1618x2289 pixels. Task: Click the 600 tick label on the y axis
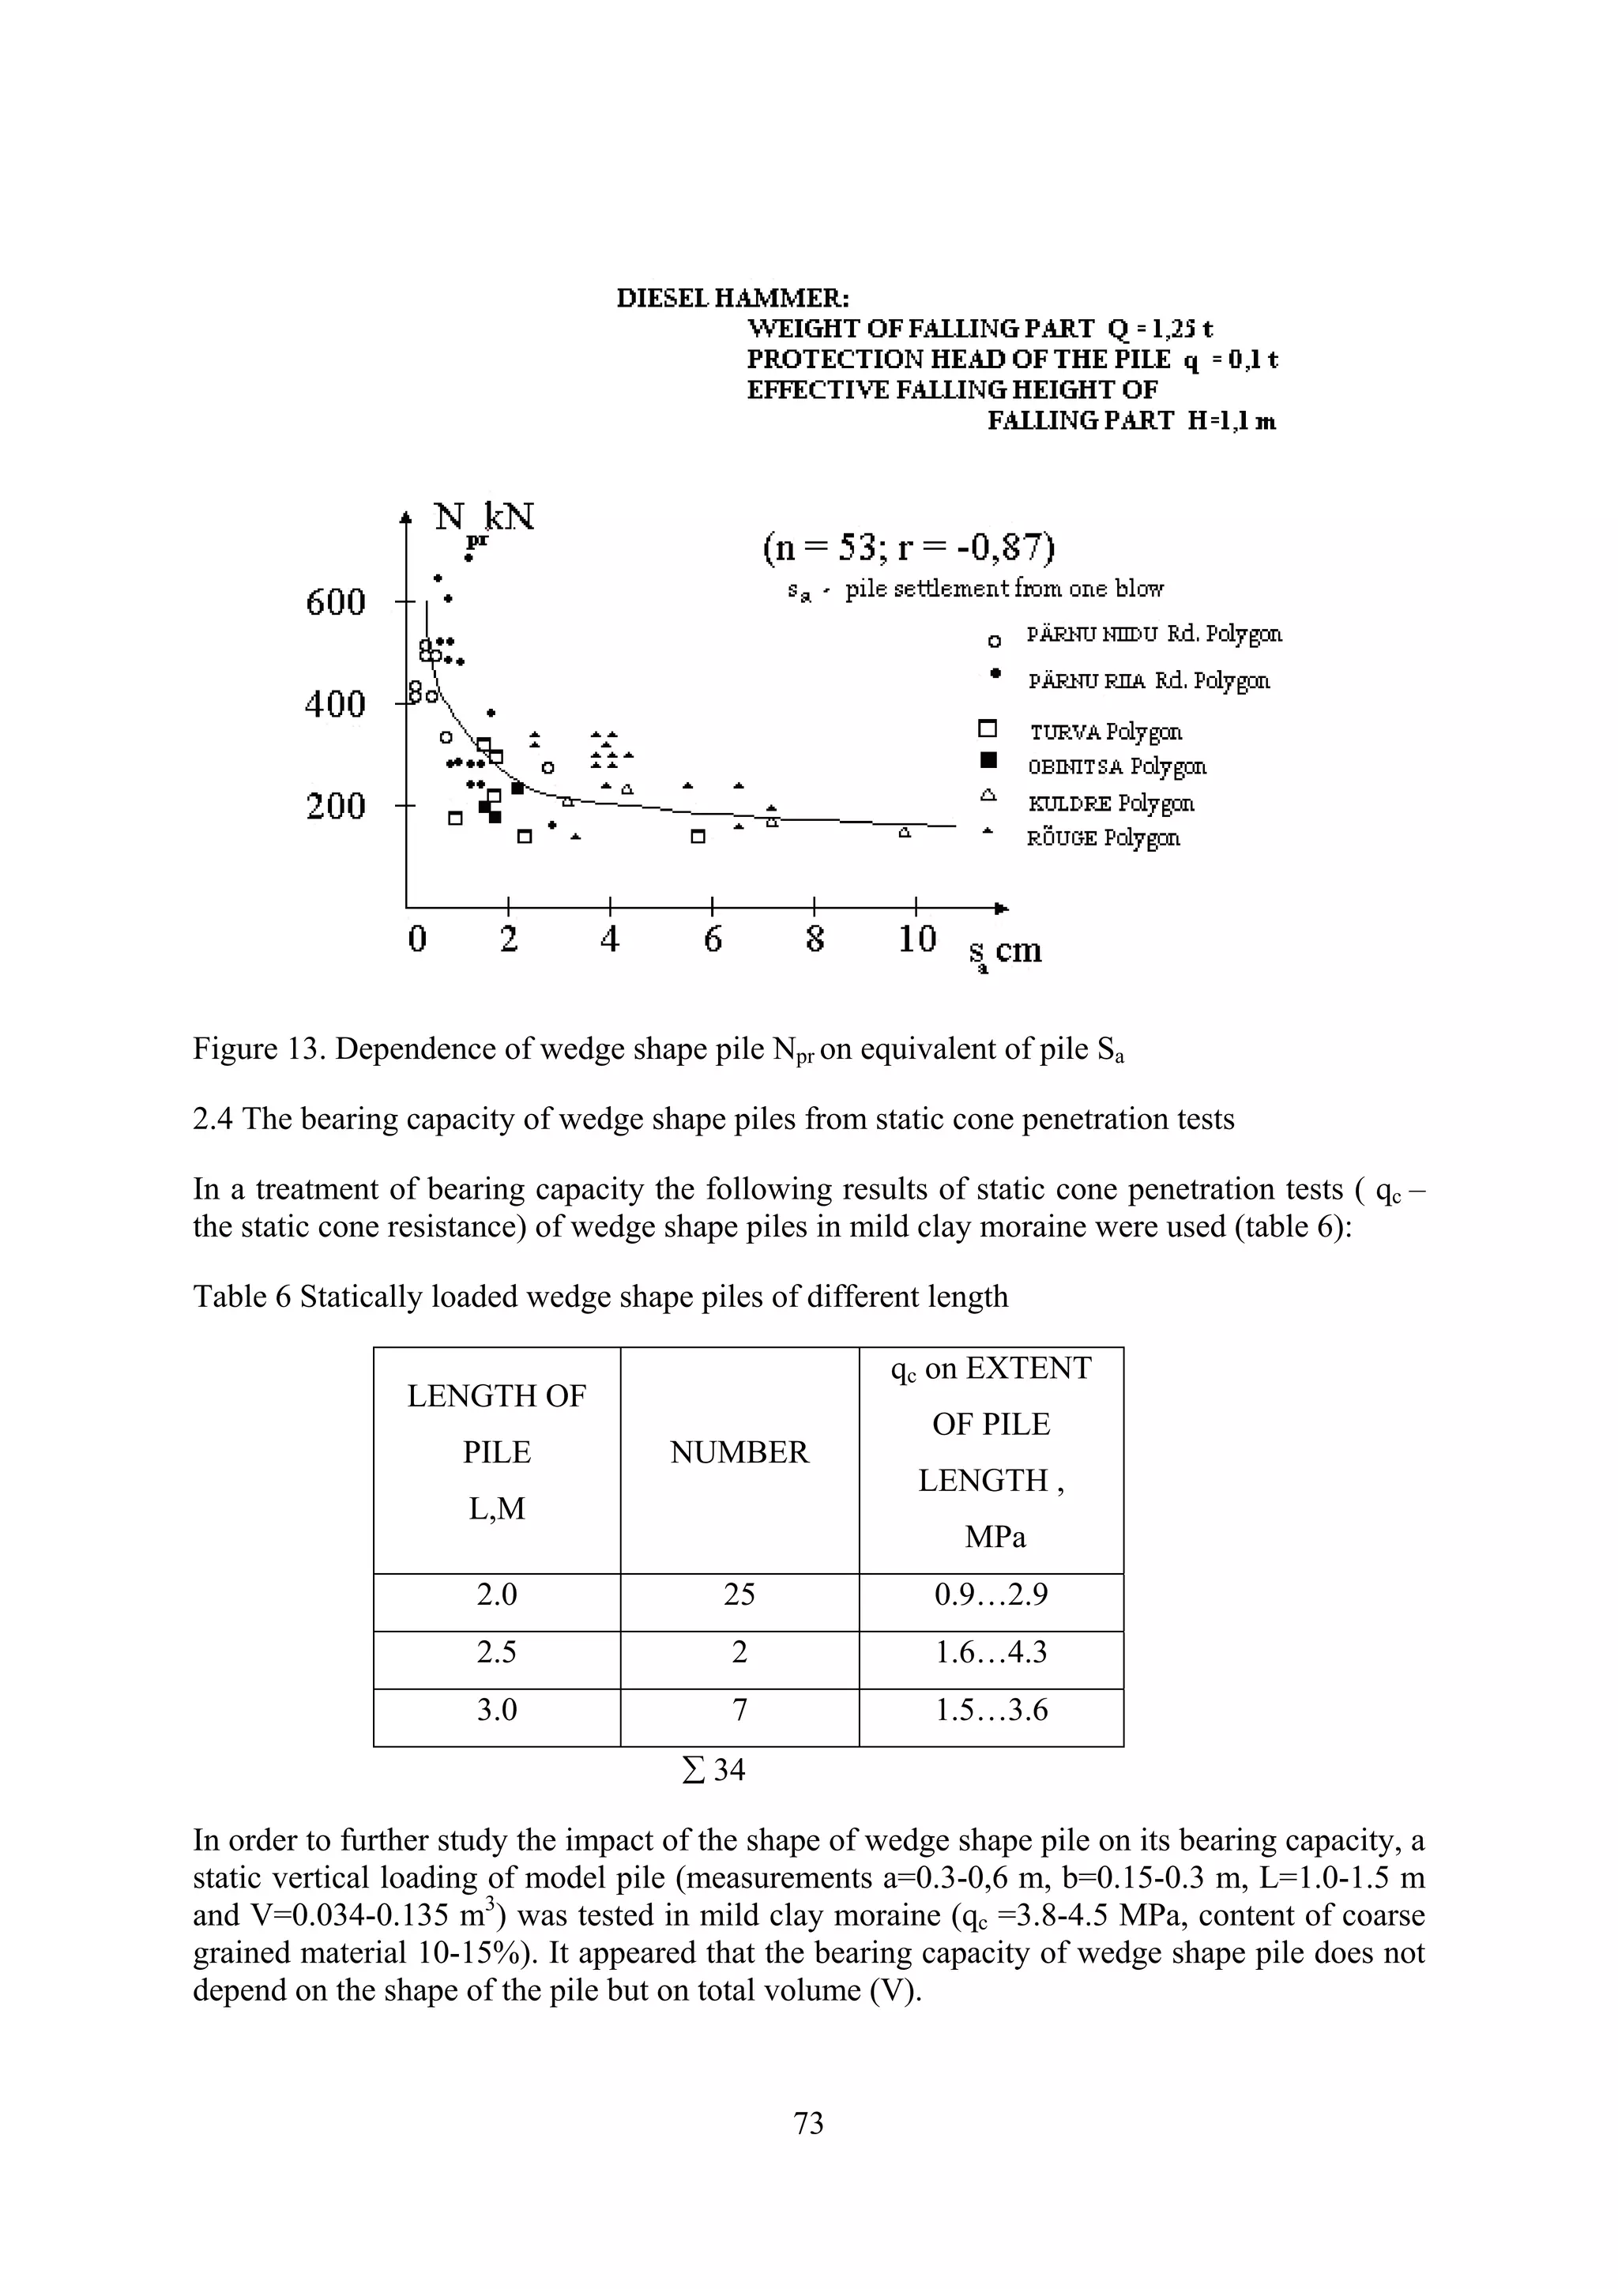click(x=336, y=602)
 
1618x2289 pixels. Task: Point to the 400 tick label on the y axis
click(x=336, y=705)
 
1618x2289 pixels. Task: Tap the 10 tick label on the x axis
click(x=916, y=938)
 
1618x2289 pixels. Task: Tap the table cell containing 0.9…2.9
click(x=990, y=1595)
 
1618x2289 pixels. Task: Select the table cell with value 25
click(x=739, y=1595)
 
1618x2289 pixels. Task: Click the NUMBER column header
click(x=739, y=1452)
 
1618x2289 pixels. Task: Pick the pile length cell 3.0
click(x=496, y=1710)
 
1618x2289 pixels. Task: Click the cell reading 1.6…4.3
click(x=990, y=1652)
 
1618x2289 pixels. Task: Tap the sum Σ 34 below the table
click(x=713, y=1770)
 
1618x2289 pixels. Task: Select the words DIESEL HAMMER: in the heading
click(x=732, y=298)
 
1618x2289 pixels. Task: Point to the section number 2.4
click(x=213, y=1119)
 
